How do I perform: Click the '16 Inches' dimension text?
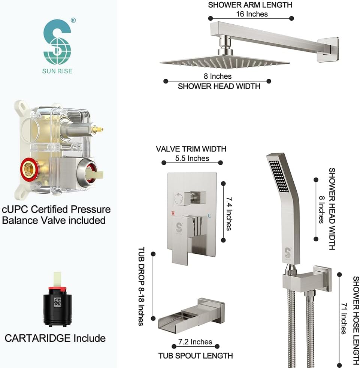coord(252,14)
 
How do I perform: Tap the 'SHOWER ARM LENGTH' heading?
coord(250,5)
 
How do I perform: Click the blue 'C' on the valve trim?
coord(209,215)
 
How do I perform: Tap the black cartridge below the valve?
coord(57,305)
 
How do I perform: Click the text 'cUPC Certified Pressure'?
coord(56,209)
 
